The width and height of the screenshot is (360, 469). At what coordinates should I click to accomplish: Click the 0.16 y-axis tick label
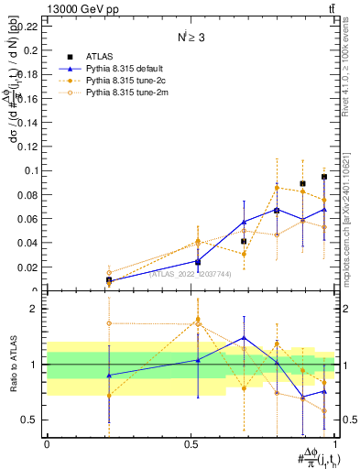[x=29, y=98]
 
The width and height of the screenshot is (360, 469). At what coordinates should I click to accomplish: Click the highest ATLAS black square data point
[x=324, y=177]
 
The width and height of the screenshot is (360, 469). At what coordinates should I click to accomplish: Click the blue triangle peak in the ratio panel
[x=244, y=337]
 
